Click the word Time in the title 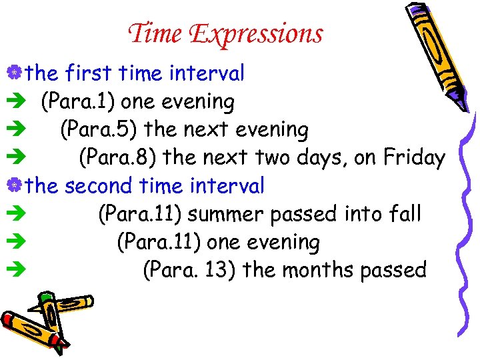pyautogui.click(x=156, y=33)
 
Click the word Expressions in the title pyautogui.click(x=255, y=34)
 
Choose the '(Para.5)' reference pyautogui.click(x=98, y=130)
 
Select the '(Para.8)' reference pyautogui.click(x=117, y=158)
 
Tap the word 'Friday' pyautogui.click(x=414, y=157)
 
